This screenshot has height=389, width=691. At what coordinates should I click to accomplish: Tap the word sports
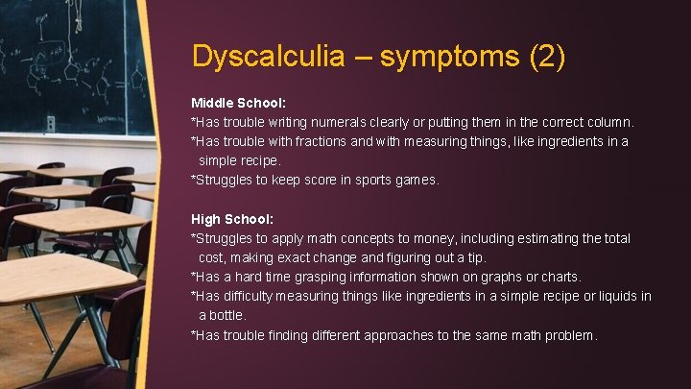point(352,180)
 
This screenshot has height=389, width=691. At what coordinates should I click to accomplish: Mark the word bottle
point(227,315)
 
